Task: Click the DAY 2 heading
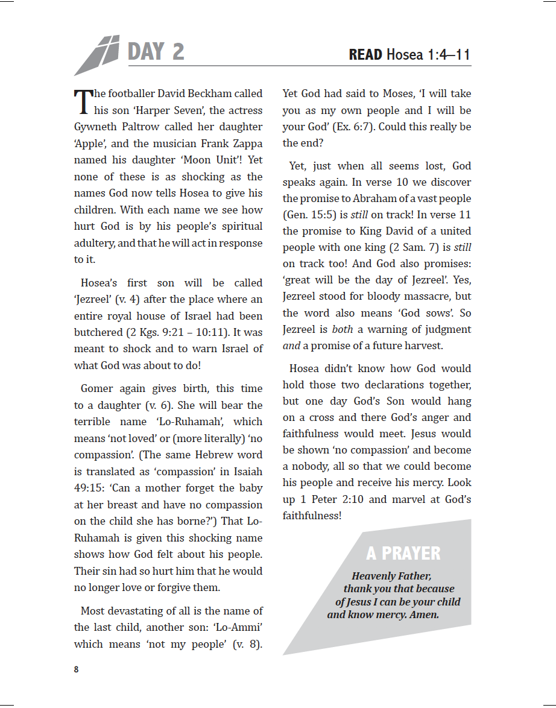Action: pyautogui.click(x=156, y=52)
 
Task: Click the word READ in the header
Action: pyautogui.click(x=365, y=55)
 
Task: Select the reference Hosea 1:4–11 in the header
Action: pyautogui.click(x=428, y=55)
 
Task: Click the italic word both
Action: pyautogui.click(x=342, y=330)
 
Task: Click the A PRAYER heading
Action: pyautogui.click(x=403, y=553)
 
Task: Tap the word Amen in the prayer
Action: pyautogui.click(x=423, y=615)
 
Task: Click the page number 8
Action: pyautogui.click(x=76, y=669)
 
